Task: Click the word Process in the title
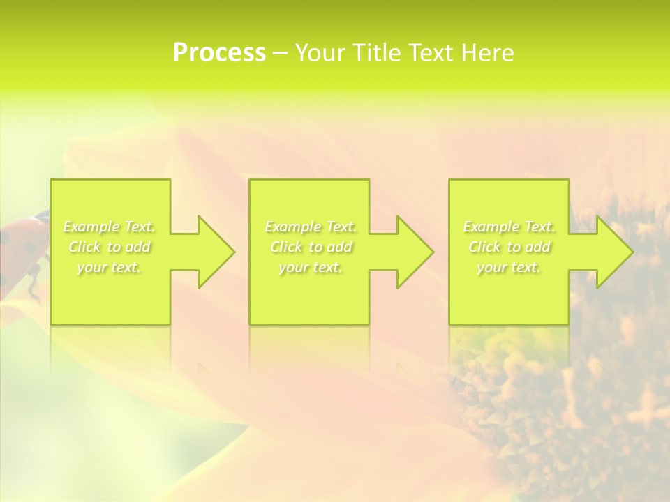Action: pyautogui.click(x=219, y=53)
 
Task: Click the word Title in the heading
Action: pyautogui.click(x=374, y=53)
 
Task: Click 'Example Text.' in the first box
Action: pyautogui.click(x=110, y=227)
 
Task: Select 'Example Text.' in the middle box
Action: pyautogui.click(x=311, y=227)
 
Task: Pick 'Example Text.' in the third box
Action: pyautogui.click(x=509, y=227)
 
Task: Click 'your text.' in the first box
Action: pyautogui.click(x=110, y=267)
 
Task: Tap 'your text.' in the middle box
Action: pyautogui.click(x=311, y=267)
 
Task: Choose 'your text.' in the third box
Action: pyautogui.click(x=509, y=267)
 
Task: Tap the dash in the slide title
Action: pyautogui.click(x=280, y=53)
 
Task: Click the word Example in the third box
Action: pyautogui.click(x=491, y=227)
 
